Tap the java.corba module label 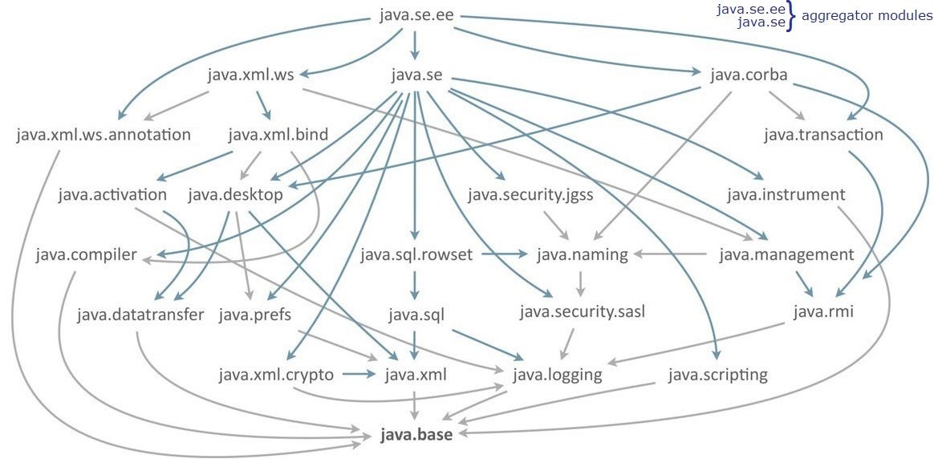(x=749, y=75)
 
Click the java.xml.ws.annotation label (x=104, y=134)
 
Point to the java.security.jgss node (x=530, y=194)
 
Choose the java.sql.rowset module (x=416, y=255)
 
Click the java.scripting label (x=717, y=374)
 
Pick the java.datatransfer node (x=141, y=314)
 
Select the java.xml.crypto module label (x=275, y=374)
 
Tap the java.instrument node (x=786, y=194)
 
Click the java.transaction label (x=823, y=134)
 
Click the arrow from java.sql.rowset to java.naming (x=505, y=254)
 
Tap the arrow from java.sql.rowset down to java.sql (x=415, y=284)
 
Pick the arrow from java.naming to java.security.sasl (x=580, y=283)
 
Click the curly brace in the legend (x=790, y=15)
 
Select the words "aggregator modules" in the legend (x=867, y=16)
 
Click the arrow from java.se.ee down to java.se (x=414, y=45)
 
